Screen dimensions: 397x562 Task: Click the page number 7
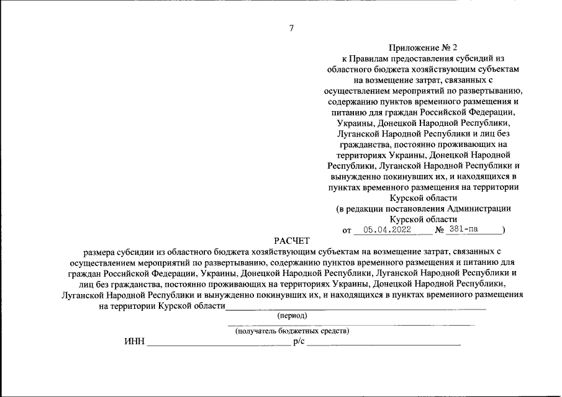(x=291, y=27)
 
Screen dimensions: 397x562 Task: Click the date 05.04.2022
(x=384, y=230)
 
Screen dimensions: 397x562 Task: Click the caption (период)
(x=292, y=316)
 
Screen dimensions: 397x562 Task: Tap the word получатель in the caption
(x=256, y=331)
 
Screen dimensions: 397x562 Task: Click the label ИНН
(x=133, y=342)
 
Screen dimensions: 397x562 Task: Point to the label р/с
(x=298, y=342)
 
